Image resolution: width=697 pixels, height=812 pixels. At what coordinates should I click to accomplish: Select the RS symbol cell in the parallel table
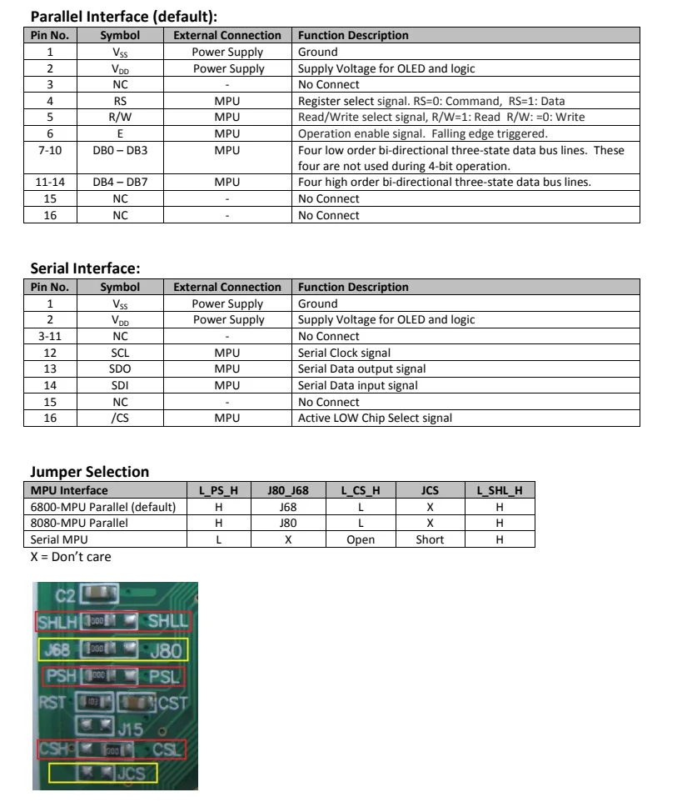tap(120, 101)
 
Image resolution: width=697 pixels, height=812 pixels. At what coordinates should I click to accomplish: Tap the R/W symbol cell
tap(120, 118)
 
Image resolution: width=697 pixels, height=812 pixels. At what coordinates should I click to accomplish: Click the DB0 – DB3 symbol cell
tap(120, 150)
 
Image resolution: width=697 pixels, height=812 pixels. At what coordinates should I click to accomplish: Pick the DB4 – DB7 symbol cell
tap(120, 183)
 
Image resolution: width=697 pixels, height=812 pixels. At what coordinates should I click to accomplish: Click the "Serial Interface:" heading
tap(85, 268)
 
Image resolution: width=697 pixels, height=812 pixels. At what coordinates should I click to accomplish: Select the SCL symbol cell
tap(120, 353)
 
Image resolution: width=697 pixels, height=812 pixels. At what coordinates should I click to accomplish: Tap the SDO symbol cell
tap(120, 369)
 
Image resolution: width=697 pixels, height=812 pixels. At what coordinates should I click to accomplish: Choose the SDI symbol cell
tap(120, 385)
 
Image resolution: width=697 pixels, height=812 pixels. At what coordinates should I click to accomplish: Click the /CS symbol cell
tap(120, 418)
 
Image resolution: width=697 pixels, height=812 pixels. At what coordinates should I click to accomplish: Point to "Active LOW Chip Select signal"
tap(376, 418)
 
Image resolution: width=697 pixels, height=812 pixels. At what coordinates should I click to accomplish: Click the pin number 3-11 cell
tap(50, 337)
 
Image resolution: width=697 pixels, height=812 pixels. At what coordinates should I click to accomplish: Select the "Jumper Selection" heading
tap(90, 472)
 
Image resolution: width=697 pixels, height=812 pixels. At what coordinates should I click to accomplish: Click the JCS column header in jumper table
tap(430, 490)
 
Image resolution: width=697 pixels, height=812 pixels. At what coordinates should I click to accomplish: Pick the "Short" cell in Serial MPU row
tap(430, 539)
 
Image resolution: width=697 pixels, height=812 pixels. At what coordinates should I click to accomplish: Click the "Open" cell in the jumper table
tap(360, 539)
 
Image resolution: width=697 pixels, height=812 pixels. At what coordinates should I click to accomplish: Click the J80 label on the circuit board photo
tap(167, 650)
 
